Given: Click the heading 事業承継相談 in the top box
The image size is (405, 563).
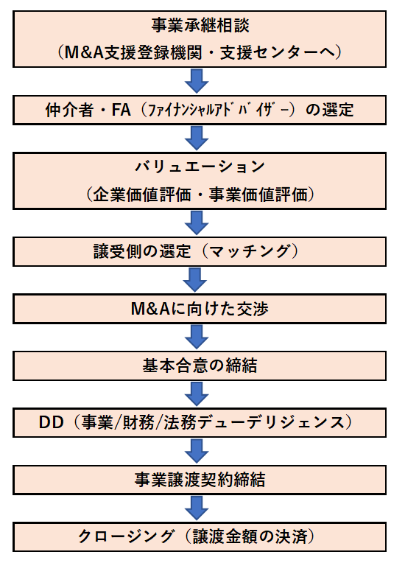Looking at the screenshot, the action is [200, 26].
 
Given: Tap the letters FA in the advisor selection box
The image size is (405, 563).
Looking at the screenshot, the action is [121, 110].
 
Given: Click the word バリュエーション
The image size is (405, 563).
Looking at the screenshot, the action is [200, 167].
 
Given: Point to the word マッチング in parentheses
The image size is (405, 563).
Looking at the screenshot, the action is [249, 251].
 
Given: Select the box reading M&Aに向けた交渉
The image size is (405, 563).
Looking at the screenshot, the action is [200, 309].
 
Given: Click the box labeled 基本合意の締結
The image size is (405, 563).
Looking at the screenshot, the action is [200, 366].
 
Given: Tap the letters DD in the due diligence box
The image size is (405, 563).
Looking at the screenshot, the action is [52, 422].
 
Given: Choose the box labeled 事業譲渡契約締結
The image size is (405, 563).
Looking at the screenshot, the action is [200, 480].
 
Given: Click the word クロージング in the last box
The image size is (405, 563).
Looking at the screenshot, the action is [126, 536].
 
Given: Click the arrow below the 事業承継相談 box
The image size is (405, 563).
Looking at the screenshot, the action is [197, 81].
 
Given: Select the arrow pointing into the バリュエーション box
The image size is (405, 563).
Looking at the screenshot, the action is [197, 139].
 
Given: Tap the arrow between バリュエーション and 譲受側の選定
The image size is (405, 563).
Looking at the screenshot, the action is [197, 223].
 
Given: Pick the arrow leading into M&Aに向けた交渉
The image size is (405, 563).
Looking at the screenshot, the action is [195, 280].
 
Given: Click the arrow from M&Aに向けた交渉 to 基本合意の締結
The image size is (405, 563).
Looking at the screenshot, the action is [197, 338].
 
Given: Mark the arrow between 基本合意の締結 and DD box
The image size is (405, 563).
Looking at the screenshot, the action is [197, 394].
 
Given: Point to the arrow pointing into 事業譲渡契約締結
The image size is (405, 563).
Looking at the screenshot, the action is [197, 451].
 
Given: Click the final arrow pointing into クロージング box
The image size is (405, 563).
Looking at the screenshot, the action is [197, 508].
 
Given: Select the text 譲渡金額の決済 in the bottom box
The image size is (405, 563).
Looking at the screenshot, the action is [250, 536].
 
